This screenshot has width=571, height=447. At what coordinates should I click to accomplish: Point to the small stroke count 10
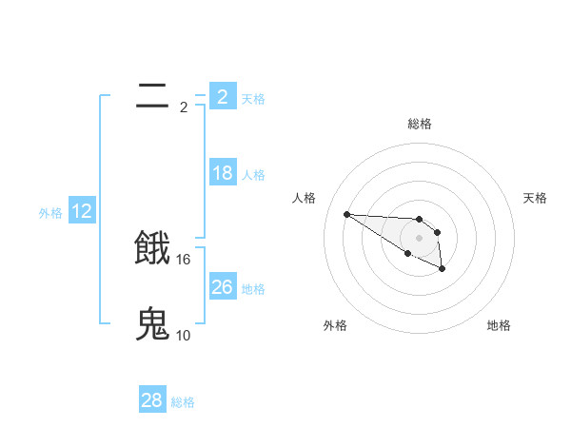(x=184, y=335)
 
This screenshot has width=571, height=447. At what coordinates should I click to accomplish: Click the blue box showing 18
(x=223, y=173)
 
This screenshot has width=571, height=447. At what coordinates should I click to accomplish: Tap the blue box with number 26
(x=223, y=287)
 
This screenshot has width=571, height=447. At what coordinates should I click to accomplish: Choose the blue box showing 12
(x=82, y=211)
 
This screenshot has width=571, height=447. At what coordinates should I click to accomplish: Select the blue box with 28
(x=152, y=400)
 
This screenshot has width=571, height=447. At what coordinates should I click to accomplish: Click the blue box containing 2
(x=223, y=96)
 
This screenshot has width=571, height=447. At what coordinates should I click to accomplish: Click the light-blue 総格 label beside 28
(x=183, y=402)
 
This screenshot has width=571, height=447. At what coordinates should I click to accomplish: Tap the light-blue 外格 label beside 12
(x=50, y=213)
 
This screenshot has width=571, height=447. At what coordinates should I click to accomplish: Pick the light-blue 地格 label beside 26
(x=253, y=289)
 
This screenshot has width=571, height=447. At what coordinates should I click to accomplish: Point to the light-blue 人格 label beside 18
(x=253, y=175)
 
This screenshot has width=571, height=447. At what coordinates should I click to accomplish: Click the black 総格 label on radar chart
(x=420, y=124)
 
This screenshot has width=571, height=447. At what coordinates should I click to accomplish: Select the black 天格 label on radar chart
(x=536, y=198)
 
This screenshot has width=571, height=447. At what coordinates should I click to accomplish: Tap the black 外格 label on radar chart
(x=335, y=326)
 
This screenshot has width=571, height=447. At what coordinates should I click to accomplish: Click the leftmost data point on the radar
(x=347, y=214)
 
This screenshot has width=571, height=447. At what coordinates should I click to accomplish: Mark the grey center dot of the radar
(x=420, y=238)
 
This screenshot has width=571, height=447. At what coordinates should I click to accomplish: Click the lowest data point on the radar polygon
(x=443, y=270)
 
